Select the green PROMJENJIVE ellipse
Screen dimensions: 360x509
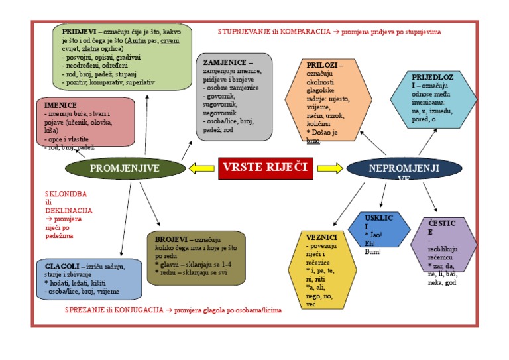(125, 168)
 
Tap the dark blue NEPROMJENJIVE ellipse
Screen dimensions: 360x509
(403, 168)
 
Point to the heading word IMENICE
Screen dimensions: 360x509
(61, 105)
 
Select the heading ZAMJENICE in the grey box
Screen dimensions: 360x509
(225, 62)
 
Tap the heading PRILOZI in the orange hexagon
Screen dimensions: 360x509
(324, 65)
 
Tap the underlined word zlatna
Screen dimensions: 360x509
(91, 48)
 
